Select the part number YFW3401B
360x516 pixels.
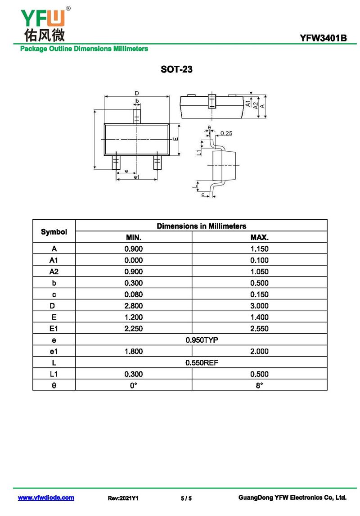[x=323, y=38]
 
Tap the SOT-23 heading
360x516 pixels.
[x=176, y=69]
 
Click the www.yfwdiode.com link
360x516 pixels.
[x=46, y=498]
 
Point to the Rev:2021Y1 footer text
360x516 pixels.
[x=123, y=498]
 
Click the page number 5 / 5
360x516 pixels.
[x=186, y=498]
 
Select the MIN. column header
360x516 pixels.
[x=134, y=237]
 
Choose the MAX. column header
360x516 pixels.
[x=259, y=237]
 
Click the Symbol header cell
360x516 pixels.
[x=54, y=232]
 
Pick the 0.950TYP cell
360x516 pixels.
[x=202, y=340]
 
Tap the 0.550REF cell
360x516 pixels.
[x=202, y=362]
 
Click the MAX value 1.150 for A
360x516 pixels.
[x=259, y=249]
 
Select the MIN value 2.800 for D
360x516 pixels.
[x=134, y=306]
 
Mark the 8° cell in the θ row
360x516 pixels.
[x=259, y=385]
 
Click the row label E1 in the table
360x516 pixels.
[x=54, y=328]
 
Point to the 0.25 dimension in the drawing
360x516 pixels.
[x=226, y=133]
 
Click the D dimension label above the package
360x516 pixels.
[x=137, y=93]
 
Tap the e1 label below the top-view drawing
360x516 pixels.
[x=137, y=177]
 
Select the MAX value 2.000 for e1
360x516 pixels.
[x=259, y=352]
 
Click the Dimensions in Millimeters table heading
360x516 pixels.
[x=201, y=226]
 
